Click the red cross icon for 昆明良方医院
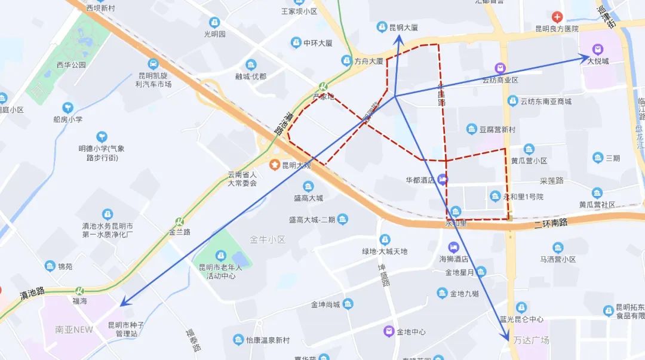(557, 16)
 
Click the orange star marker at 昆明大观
(274, 165)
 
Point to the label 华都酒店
(420, 179)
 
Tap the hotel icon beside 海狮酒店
(454, 247)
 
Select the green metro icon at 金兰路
(179, 221)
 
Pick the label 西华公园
(72, 64)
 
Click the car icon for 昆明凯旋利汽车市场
(153, 63)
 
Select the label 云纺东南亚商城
(546, 101)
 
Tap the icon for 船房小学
(67, 107)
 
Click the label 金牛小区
(268, 239)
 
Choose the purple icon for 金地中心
(389, 331)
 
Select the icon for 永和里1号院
(494, 196)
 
